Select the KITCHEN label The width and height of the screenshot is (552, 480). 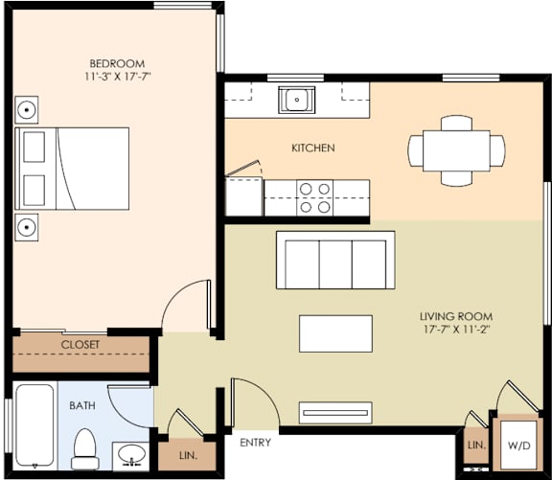312,148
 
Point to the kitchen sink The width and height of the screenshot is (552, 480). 296,98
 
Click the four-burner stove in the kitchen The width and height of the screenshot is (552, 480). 315,196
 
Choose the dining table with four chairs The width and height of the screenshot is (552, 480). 456,149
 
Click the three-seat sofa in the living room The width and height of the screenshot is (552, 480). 333,260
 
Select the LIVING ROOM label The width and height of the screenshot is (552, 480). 455,316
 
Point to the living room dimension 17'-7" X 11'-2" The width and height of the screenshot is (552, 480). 455,331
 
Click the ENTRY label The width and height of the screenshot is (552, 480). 255,443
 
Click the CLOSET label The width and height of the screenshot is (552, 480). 80,345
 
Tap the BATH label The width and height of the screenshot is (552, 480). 81,405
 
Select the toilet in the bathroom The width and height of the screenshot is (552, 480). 85,448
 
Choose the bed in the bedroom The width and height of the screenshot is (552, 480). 73,168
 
